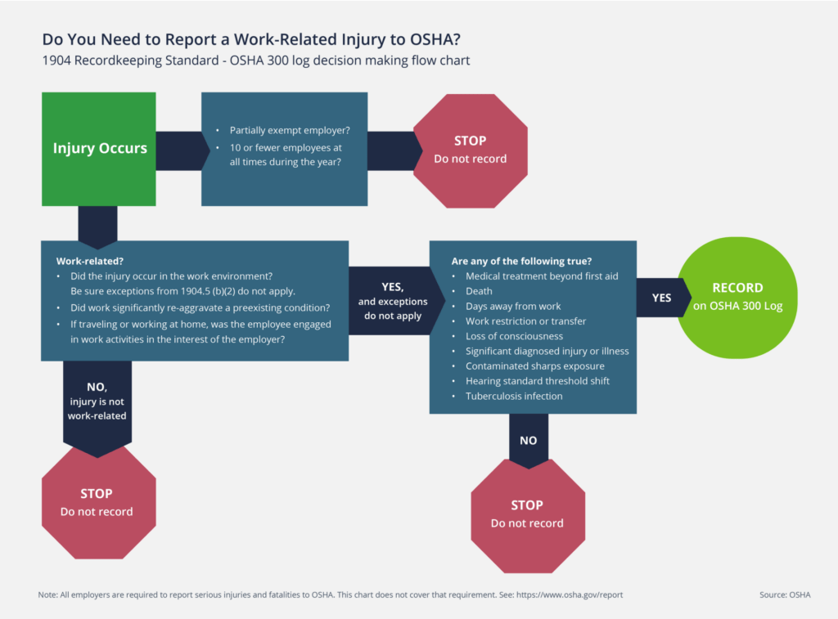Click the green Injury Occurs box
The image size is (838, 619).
99,148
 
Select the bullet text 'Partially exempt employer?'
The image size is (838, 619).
290,130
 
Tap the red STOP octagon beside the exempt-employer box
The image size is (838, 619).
470,149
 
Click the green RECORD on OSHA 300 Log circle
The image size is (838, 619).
737,296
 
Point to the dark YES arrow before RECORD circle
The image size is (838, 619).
660,298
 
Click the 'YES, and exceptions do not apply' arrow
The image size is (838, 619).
392,300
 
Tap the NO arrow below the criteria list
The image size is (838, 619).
528,440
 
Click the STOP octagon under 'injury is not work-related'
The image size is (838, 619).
97,502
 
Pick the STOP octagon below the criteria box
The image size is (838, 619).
527,514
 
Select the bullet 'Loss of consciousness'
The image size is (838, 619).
514,336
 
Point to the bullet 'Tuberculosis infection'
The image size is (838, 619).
514,396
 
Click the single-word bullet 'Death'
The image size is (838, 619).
479,291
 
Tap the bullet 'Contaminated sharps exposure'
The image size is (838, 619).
535,366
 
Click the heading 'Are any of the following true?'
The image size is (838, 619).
521,261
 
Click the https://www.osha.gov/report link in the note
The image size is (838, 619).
570,594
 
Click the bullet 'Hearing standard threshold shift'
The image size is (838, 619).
537,381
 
